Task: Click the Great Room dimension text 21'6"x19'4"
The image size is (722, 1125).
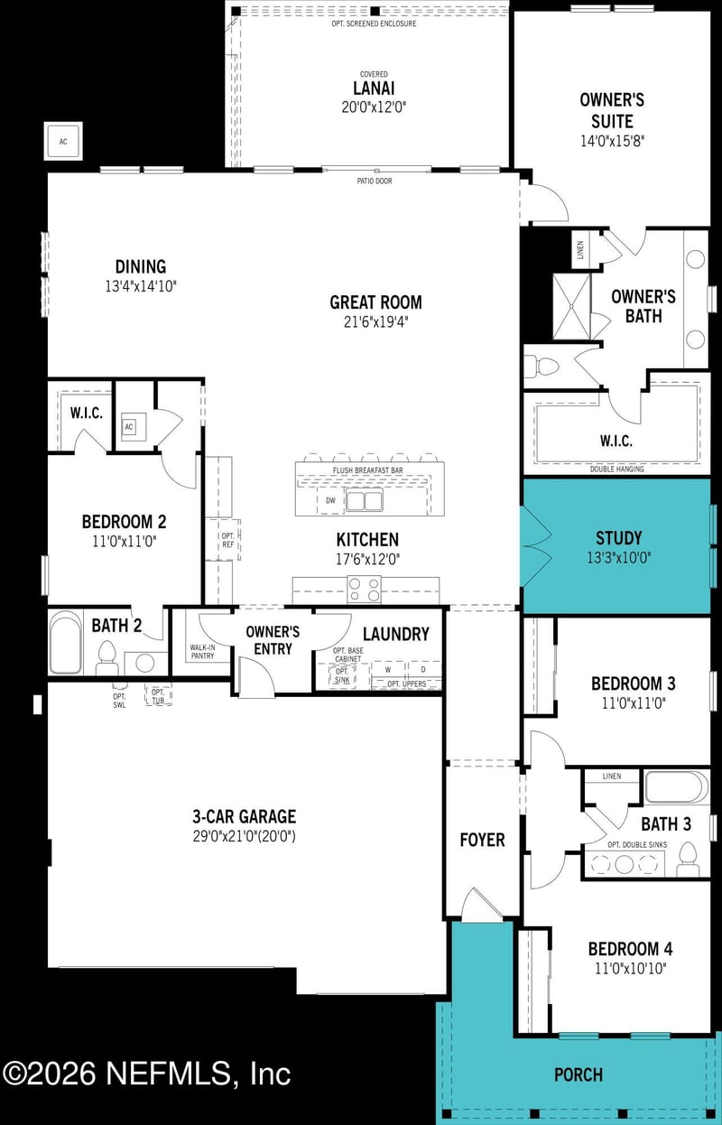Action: (x=375, y=321)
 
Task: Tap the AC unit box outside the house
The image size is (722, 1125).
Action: (x=63, y=141)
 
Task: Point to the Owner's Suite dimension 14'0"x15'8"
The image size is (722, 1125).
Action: (x=613, y=141)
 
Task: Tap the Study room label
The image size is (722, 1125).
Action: (x=618, y=539)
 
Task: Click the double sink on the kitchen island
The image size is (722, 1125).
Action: (x=367, y=500)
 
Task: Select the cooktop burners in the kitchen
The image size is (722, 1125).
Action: (x=365, y=589)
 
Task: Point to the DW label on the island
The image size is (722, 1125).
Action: (x=330, y=499)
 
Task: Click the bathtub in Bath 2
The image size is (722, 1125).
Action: (x=65, y=642)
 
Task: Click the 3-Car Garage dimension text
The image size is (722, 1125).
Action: (x=244, y=837)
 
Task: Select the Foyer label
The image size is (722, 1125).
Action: (x=482, y=840)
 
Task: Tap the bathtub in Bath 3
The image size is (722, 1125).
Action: (x=676, y=787)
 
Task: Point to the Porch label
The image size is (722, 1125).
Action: (x=578, y=1074)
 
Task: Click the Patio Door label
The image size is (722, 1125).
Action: (x=374, y=181)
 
